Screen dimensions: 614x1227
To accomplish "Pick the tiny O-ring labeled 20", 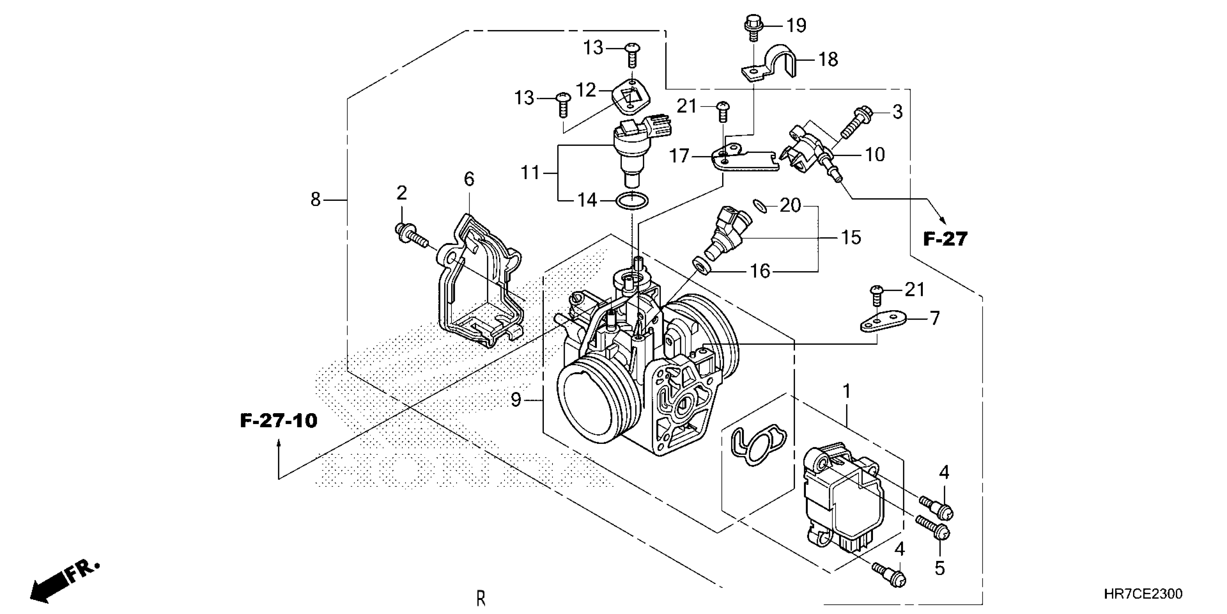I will click(x=761, y=206).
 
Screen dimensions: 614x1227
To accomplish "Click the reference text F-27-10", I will click(x=279, y=421).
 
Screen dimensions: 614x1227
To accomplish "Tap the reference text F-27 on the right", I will click(x=946, y=239).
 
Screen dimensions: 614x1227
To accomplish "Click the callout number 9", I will click(x=516, y=399).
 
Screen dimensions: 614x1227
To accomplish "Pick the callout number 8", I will click(x=315, y=200).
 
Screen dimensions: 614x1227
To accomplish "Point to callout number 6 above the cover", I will click(x=469, y=179).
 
